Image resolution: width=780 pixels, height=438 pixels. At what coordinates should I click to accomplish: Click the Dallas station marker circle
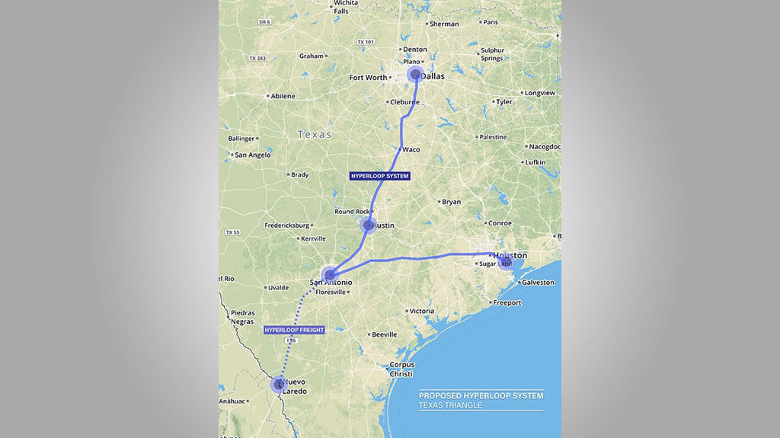point(415,74)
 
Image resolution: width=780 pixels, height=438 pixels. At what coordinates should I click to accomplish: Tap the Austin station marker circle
point(369,225)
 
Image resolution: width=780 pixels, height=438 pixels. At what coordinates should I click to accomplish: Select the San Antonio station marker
point(330,274)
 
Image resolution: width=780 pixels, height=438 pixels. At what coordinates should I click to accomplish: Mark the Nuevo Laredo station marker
point(280,385)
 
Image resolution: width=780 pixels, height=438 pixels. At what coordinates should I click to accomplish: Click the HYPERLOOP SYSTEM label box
point(379,176)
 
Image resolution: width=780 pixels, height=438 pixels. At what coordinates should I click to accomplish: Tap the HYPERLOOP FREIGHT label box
point(294,330)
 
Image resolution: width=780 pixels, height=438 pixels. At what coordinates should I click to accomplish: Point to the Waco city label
point(411,149)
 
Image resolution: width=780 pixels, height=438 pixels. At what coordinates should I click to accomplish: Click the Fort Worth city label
point(368,78)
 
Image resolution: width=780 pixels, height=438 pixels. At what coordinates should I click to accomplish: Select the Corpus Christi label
point(401,369)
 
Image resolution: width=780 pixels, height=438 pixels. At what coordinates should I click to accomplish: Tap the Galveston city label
point(538,283)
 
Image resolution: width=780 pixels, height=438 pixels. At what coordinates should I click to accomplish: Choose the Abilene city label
point(282,96)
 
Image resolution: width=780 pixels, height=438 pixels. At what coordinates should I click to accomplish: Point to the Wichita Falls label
point(345,7)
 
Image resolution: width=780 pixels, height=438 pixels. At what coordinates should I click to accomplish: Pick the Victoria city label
point(421,311)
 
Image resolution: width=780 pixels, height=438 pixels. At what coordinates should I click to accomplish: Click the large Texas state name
point(315,134)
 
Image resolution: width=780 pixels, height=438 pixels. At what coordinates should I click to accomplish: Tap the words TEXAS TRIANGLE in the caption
point(450,405)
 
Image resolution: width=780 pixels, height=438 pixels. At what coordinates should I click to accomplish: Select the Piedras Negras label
point(242,316)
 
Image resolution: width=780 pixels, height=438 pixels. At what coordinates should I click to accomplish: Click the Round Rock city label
point(351,212)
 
